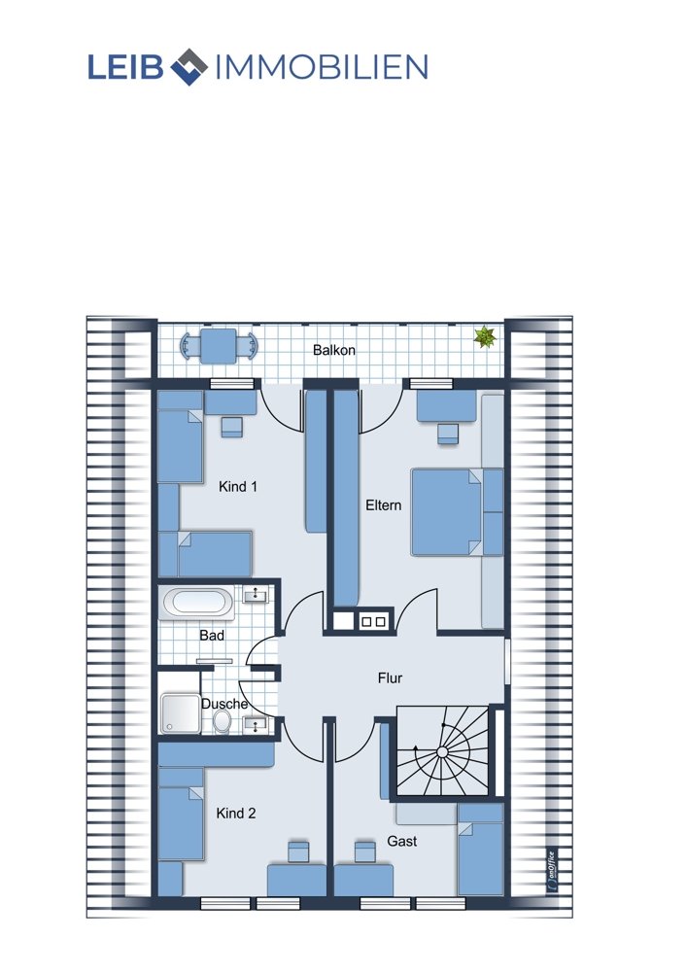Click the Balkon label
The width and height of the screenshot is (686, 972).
(334, 350)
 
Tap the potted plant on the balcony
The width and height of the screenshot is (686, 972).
(485, 337)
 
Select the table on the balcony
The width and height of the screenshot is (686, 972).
(218, 345)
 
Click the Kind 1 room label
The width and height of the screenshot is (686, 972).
(237, 487)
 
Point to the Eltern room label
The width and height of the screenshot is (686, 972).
(384, 505)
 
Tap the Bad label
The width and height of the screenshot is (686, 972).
(212, 636)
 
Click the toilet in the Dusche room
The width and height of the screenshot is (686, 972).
(222, 721)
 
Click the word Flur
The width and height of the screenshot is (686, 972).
(390, 678)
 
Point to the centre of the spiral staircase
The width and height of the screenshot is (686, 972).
(442, 752)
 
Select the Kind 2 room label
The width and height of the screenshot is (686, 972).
(235, 814)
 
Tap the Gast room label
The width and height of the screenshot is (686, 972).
(402, 841)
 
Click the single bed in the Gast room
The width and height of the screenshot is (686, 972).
(480, 850)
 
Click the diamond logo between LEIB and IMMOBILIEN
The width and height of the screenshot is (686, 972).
(189, 66)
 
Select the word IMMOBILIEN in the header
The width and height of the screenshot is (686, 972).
(321, 67)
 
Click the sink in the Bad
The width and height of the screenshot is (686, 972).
(255, 596)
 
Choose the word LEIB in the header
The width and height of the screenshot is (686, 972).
(125, 67)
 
